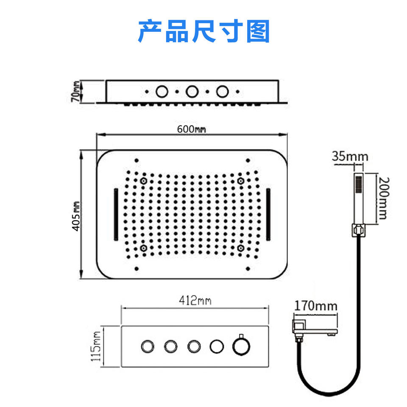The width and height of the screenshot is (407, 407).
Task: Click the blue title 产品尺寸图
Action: tap(203, 31)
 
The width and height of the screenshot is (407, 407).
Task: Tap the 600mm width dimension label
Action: tap(191, 129)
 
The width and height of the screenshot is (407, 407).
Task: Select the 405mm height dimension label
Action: tap(76, 215)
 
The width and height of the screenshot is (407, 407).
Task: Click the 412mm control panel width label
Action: tap(195, 301)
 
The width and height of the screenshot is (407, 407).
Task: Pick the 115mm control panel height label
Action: tap(97, 346)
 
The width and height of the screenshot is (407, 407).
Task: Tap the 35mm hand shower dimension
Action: tap(350, 156)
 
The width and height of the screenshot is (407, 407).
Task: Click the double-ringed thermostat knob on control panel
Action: tap(241, 346)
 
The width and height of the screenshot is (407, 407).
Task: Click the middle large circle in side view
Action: tap(192, 91)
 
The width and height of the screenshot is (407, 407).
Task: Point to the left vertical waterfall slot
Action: tap(115, 215)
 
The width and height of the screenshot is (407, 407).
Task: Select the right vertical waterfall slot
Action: tap(269, 215)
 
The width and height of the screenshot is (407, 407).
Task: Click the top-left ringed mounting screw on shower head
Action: tap(144, 181)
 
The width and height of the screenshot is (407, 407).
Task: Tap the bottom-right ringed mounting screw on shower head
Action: tap(240, 248)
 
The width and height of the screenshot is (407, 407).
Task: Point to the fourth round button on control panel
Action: tap(216, 346)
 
